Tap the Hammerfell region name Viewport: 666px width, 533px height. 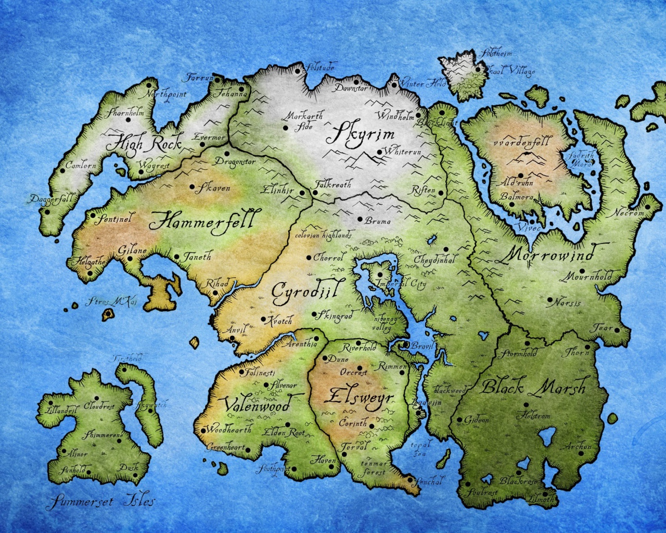[x=202, y=221]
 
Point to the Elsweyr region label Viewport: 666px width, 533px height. [x=358, y=397]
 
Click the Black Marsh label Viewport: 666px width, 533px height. [x=533, y=387]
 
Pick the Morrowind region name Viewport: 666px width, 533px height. [x=549, y=255]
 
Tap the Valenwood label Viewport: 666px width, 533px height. [x=257, y=404]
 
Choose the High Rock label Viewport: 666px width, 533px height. [x=144, y=142]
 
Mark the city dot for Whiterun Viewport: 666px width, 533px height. [x=380, y=152]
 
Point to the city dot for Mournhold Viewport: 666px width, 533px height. [x=582, y=271]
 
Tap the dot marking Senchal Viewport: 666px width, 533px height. [x=411, y=480]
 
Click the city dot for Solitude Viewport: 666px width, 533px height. [x=298, y=70]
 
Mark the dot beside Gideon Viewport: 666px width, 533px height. [x=459, y=420]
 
